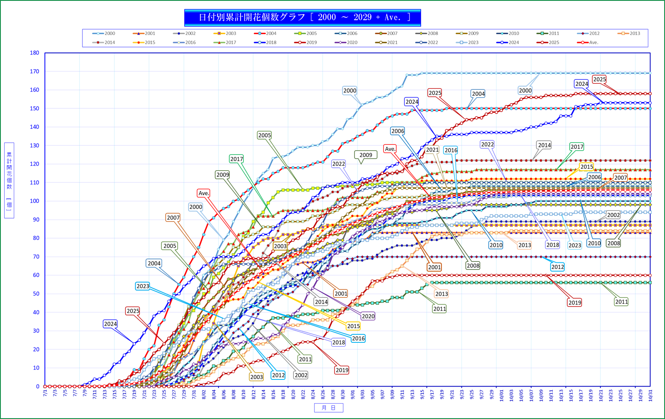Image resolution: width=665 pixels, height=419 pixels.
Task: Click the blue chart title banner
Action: click(303, 17)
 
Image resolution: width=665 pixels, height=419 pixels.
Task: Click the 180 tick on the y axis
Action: click(35, 53)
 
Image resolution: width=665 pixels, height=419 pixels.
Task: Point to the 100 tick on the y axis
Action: click(35, 201)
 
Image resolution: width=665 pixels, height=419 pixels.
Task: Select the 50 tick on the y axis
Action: click(36, 294)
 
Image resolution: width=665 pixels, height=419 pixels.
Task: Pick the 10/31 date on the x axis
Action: click(650, 395)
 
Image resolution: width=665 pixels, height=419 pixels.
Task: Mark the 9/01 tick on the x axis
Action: click(352, 394)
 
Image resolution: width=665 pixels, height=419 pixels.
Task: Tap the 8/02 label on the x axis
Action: click(203, 394)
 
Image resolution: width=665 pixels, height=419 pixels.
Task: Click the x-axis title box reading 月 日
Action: click(328, 408)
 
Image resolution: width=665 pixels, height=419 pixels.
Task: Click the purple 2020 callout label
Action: click(368, 317)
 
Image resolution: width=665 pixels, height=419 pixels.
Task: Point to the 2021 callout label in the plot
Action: click(432, 150)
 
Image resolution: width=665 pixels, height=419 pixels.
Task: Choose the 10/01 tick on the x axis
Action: click(501, 395)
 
